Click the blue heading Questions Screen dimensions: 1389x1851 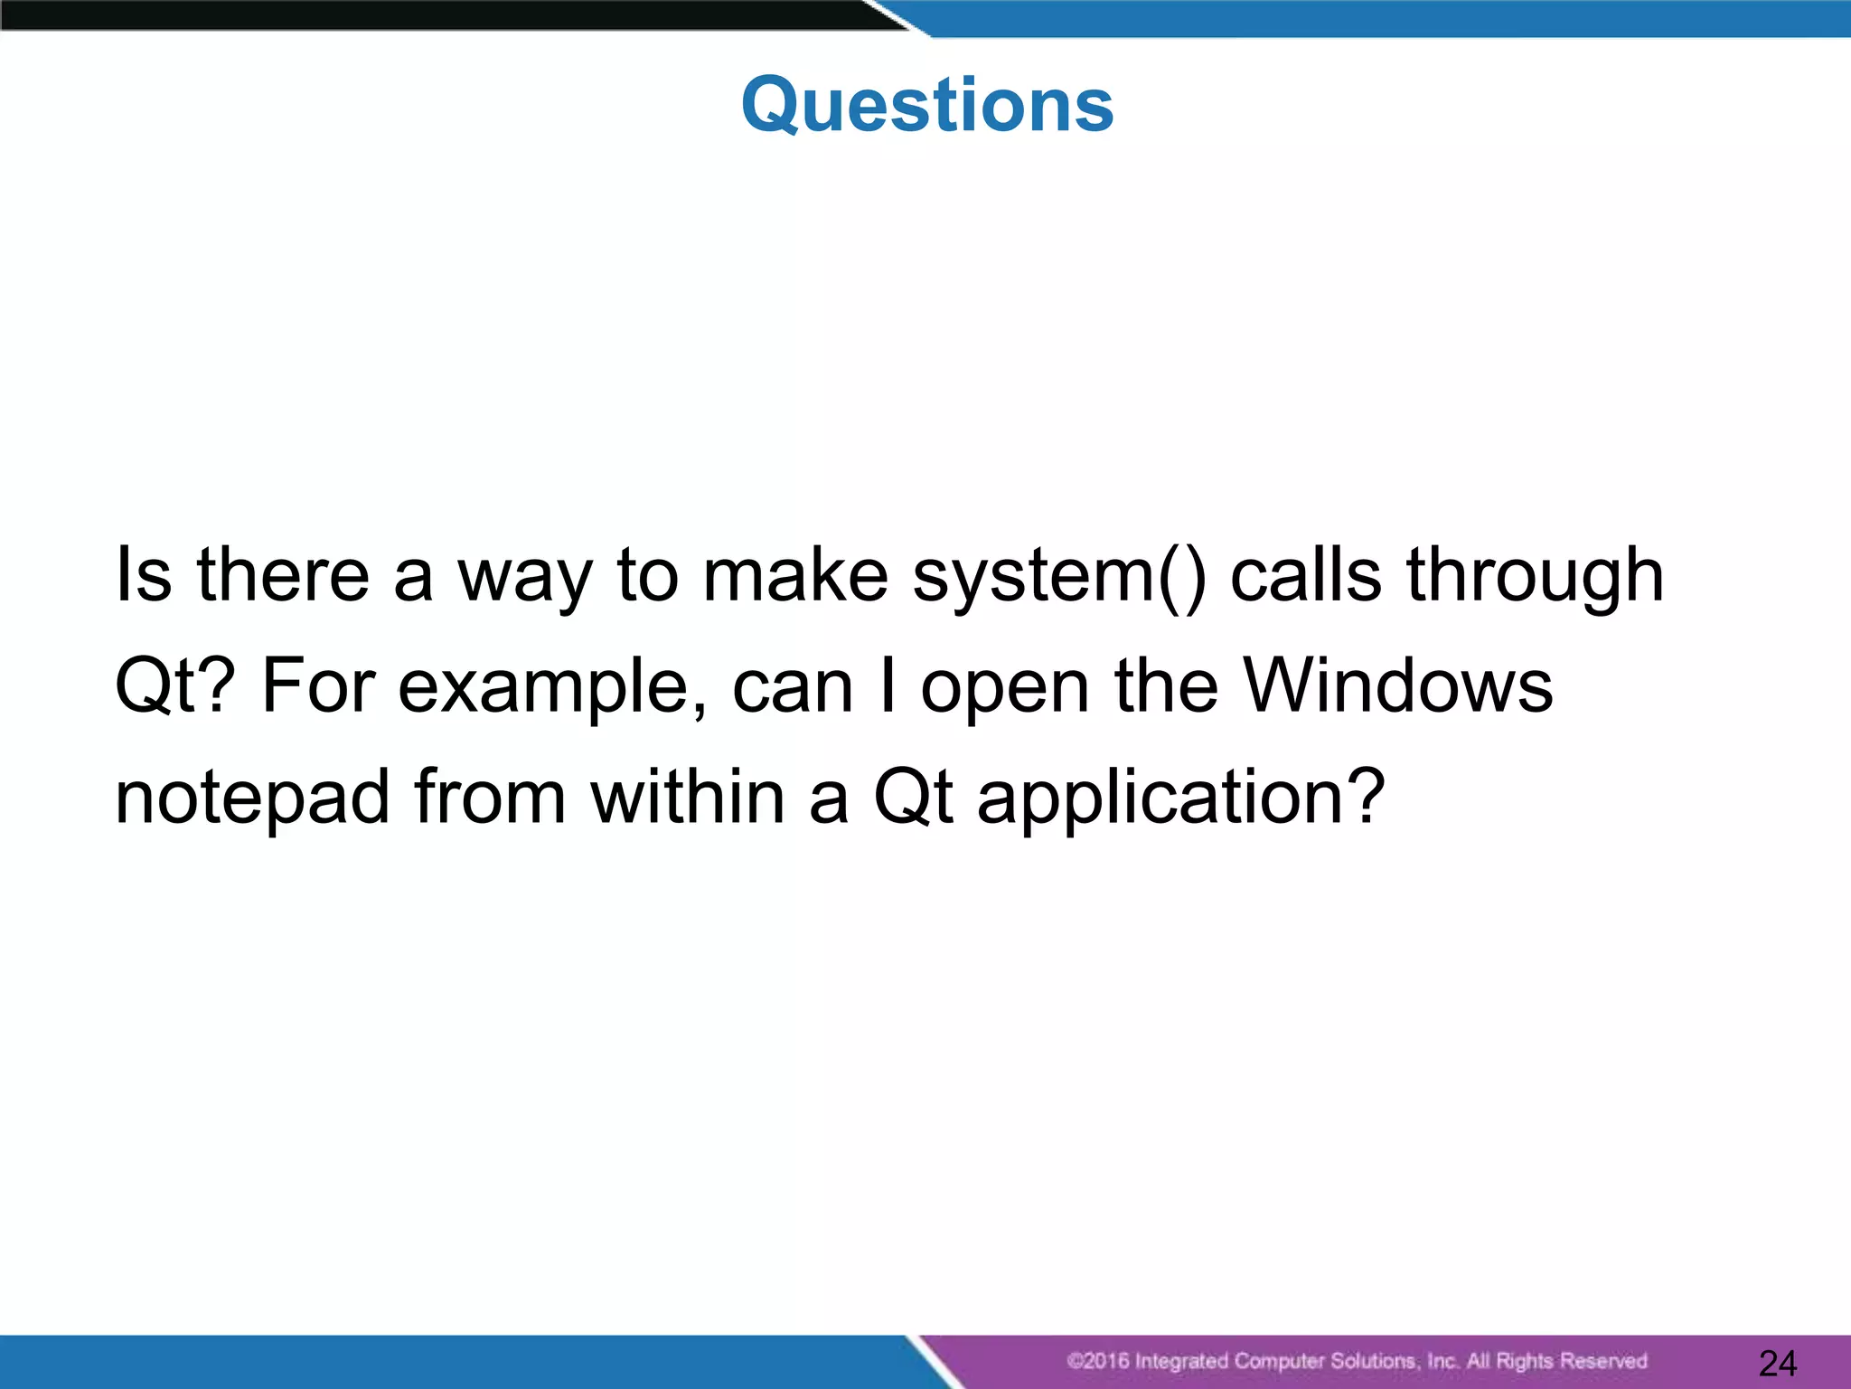[927, 105]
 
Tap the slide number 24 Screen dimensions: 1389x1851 [1778, 1363]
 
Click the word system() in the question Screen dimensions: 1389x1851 [1059, 576]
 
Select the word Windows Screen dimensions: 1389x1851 [1398, 685]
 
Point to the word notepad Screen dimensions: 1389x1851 [252, 798]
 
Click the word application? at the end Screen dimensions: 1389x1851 [1180, 798]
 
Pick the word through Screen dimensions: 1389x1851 [1536, 576]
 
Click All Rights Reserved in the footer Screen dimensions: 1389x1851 [1556, 1361]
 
